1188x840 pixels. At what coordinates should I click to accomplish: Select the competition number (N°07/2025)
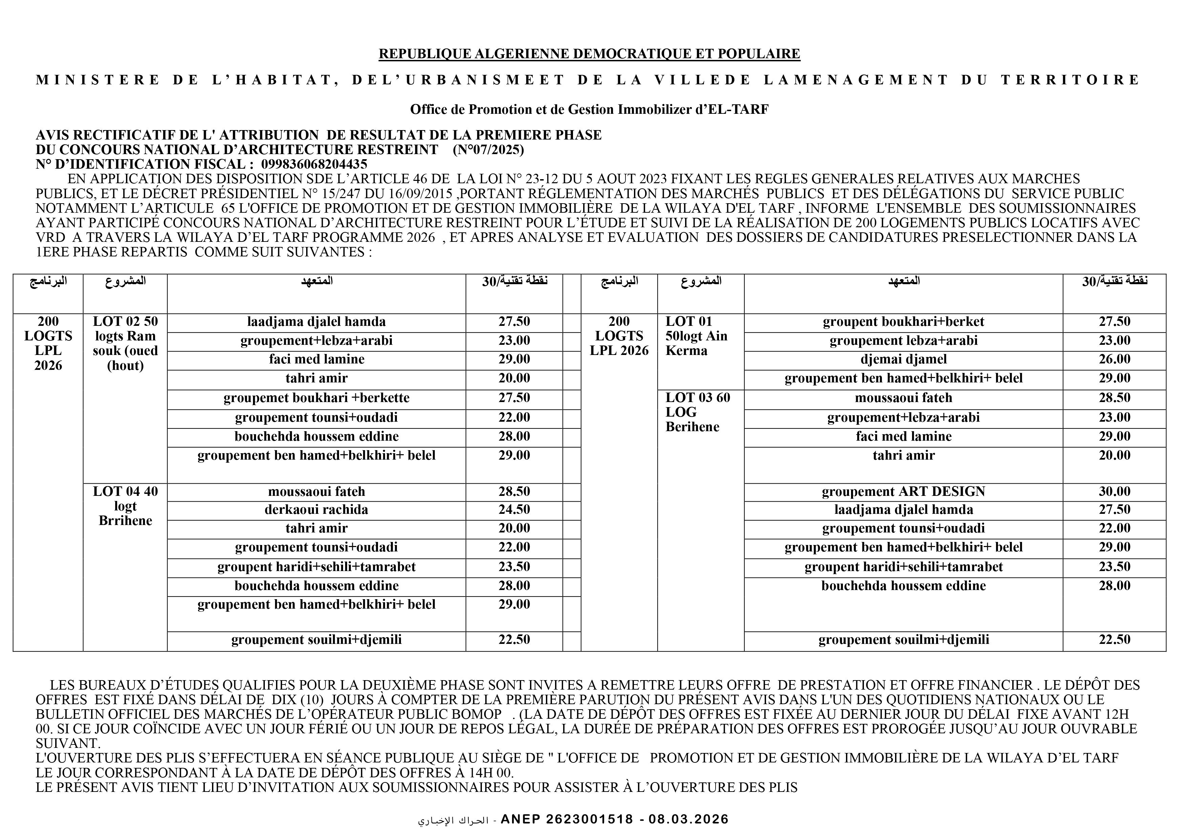pos(488,150)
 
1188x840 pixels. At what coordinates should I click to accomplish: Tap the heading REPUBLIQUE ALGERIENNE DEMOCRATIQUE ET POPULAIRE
pos(589,54)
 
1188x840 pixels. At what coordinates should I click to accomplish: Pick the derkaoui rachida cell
pos(316,510)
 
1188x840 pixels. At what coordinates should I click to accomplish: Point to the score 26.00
pos(1114,359)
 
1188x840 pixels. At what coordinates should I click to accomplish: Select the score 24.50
pos(514,510)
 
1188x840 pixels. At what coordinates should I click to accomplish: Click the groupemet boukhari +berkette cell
pos(316,398)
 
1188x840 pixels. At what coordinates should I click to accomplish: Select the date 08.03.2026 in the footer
pos(688,819)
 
